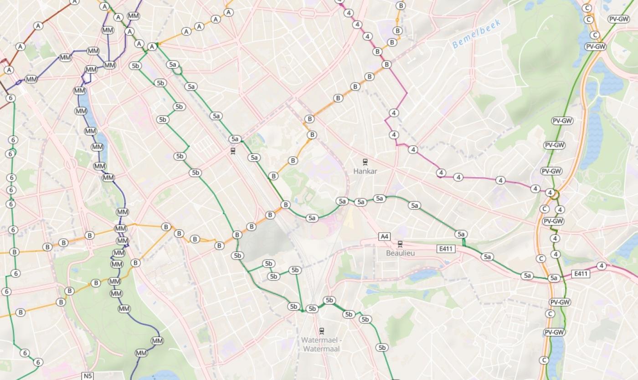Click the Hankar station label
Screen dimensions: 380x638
click(x=365, y=171)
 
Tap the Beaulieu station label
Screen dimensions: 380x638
click(x=400, y=253)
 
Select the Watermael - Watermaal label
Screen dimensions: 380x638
click(x=320, y=344)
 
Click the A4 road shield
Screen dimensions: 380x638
click(x=385, y=236)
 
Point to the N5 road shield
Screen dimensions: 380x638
click(x=87, y=376)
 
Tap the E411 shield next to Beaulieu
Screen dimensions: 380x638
click(x=446, y=249)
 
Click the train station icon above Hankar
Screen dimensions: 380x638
click(x=365, y=161)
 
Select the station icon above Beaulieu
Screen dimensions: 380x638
click(x=400, y=244)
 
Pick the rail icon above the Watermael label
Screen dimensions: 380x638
click(x=322, y=331)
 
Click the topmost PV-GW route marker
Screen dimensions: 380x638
click(x=619, y=19)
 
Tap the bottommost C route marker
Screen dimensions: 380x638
click(x=544, y=360)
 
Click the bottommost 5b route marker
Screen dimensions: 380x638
click(x=382, y=348)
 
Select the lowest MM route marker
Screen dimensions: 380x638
click(x=141, y=353)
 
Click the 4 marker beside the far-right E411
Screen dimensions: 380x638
click(x=602, y=266)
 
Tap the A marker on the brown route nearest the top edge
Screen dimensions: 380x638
click(x=74, y=2)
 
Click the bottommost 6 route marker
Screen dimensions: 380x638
click(x=38, y=362)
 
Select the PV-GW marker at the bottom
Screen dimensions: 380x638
click(x=555, y=332)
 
